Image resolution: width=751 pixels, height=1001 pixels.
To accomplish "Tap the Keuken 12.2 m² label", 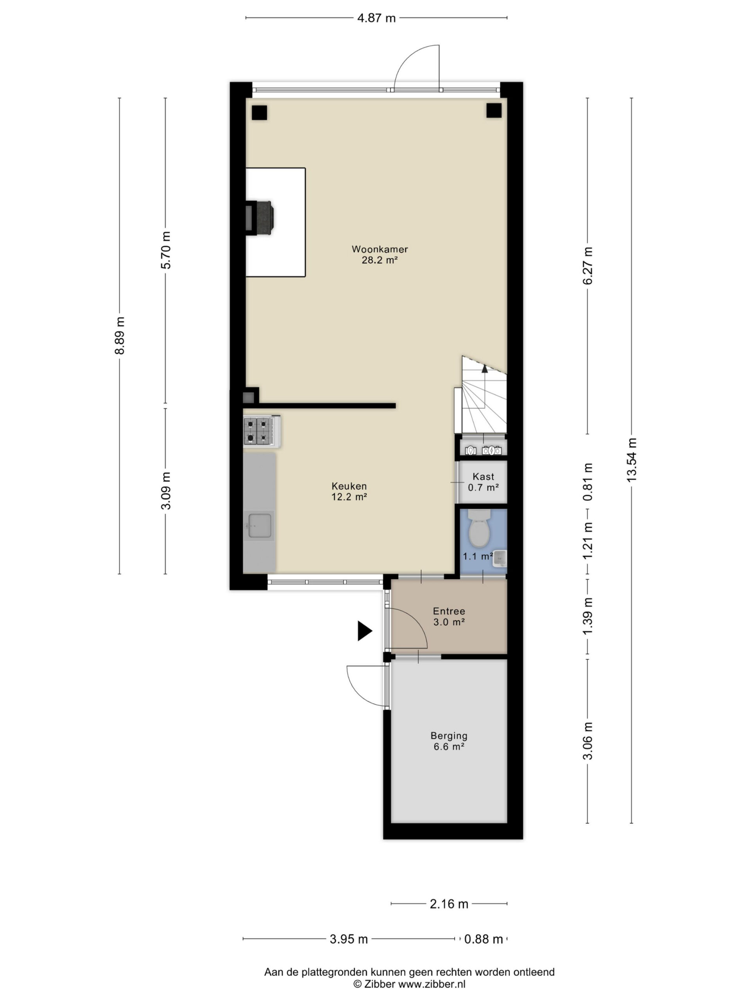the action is point(349,492).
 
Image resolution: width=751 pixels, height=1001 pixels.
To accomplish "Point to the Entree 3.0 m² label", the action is point(449,616).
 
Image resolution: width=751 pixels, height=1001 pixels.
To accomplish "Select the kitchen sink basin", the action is point(259,526).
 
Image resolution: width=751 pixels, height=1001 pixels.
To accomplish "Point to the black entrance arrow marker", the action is point(365,631).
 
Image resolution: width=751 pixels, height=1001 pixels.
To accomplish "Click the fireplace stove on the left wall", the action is point(260,218).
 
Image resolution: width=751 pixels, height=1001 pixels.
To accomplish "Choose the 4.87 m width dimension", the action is point(376,18).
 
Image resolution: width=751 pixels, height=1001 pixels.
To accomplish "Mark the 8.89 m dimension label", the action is point(120,336).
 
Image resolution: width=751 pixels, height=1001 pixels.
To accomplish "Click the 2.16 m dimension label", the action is point(449,904).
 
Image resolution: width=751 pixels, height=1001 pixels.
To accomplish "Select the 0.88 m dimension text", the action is point(483,939).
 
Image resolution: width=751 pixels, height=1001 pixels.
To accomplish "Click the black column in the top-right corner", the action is point(494,110).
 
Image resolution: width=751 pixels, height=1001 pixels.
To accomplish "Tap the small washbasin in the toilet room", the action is point(499,558).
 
